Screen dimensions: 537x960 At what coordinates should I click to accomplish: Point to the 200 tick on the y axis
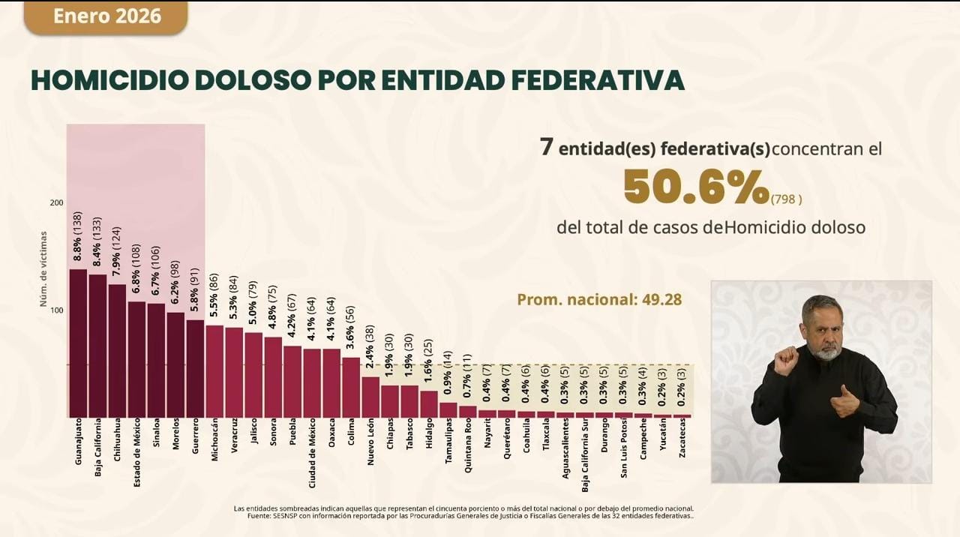pos(56,202)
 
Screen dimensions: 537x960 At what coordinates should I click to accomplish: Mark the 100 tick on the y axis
pos(56,310)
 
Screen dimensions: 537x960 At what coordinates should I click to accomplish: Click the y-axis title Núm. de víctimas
pos(43,268)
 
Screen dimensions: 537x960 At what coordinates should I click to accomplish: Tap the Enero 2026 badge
pos(106,16)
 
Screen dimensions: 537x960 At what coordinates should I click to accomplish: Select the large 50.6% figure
pos(696,187)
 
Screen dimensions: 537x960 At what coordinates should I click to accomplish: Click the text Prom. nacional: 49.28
pos(599,299)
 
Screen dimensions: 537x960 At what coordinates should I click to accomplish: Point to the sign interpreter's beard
pos(826,350)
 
